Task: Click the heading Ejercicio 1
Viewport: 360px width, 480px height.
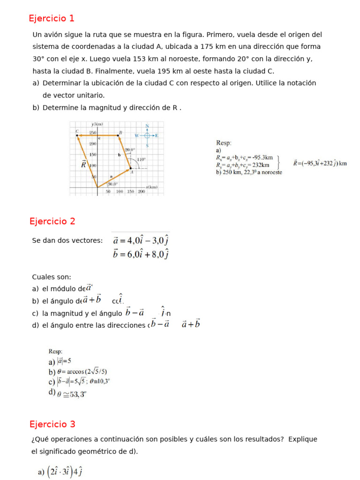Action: [52, 19]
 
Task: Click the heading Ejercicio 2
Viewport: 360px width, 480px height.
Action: [52, 221]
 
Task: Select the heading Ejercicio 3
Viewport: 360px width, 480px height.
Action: [52, 424]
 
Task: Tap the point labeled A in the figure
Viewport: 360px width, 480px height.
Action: [132, 172]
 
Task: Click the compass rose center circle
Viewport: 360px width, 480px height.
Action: [147, 135]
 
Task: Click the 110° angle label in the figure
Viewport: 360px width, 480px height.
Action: [141, 159]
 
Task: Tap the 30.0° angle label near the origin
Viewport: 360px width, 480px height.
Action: [112, 184]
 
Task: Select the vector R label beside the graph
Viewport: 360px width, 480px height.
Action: [83, 165]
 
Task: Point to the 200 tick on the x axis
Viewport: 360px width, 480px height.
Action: [141, 192]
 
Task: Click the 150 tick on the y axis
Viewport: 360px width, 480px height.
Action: [93, 154]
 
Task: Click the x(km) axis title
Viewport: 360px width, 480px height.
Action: [151, 187]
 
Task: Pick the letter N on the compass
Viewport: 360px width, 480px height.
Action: [147, 126]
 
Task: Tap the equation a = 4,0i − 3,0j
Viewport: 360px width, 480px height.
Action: [141, 240]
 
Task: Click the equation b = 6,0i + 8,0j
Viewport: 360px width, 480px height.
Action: [141, 254]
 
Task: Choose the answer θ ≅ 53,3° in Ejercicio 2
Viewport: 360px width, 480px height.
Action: [72, 394]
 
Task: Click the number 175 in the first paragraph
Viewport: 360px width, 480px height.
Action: [208, 47]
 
